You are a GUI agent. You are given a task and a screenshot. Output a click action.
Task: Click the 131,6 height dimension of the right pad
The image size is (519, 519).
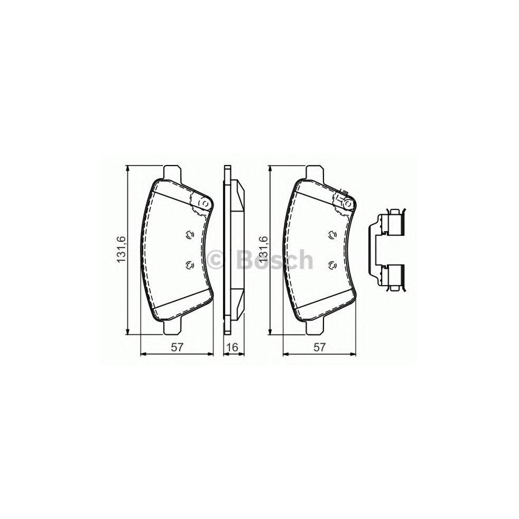point(264,250)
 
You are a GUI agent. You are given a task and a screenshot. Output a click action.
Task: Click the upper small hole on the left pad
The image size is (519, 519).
point(189,235)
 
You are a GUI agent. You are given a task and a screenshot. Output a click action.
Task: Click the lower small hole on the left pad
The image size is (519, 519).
point(189,265)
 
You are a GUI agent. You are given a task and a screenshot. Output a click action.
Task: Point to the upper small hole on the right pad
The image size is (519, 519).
point(332,235)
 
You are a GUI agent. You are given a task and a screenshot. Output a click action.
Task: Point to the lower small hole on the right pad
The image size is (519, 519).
point(332,265)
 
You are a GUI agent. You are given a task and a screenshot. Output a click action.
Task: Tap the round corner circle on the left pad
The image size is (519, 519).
point(203,203)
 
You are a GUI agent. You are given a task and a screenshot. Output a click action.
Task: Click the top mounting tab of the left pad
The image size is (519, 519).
point(172,172)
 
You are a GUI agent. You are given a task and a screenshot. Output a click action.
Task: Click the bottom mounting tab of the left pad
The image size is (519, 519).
point(172,326)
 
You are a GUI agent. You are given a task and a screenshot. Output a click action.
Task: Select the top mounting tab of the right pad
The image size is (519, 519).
point(314,172)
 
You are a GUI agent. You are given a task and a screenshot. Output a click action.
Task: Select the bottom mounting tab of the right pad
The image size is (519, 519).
point(314,326)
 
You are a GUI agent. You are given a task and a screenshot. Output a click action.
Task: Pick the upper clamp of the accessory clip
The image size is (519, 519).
point(394,224)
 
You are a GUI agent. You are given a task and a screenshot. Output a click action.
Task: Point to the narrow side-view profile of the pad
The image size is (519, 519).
point(234,250)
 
